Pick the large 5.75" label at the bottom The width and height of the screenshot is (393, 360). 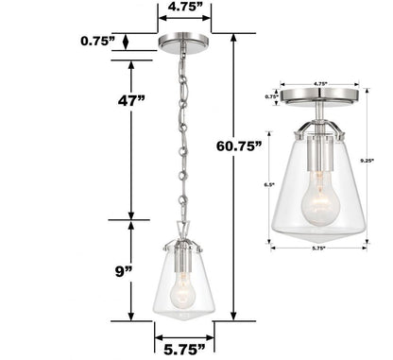coord(183,346)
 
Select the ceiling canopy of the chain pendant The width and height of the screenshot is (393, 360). coord(182,42)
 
